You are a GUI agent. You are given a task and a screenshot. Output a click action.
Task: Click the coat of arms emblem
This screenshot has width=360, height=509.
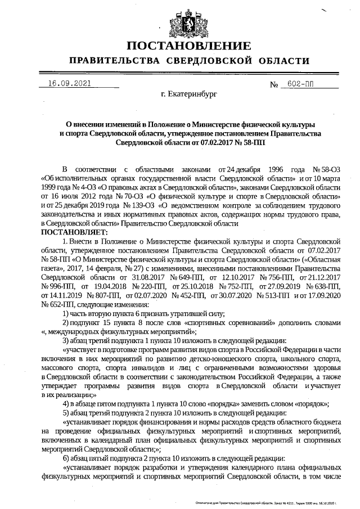(x=181, y=21)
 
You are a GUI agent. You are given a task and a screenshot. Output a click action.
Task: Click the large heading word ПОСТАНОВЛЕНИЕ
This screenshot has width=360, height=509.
(x=181, y=46)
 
